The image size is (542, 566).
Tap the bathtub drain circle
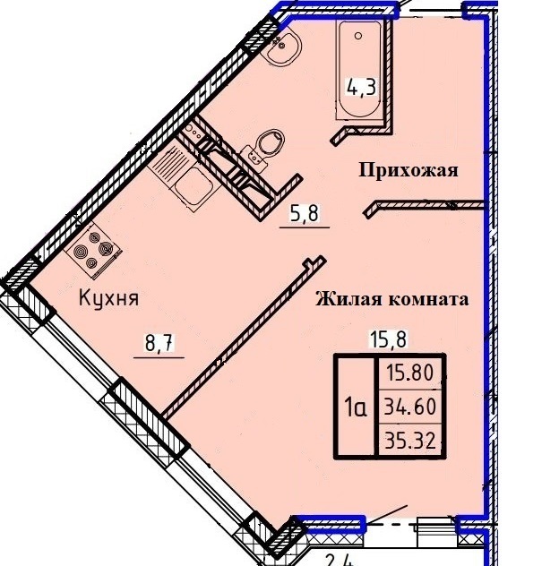(x=358, y=36)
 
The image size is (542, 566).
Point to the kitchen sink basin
(x=194, y=187)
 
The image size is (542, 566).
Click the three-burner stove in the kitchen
(x=93, y=249)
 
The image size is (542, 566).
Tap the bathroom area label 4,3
(x=361, y=88)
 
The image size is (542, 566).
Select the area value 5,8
(x=304, y=213)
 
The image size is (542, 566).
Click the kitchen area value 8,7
(x=159, y=343)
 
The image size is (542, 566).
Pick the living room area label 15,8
(x=388, y=339)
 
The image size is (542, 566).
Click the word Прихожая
(x=409, y=169)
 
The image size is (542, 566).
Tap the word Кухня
(x=108, y=299)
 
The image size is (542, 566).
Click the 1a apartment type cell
(x=356, y=407)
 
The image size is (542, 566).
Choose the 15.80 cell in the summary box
(x=409, y=373)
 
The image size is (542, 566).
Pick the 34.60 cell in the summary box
(x=409, y=407)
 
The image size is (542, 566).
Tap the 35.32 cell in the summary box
(x=409, y=441)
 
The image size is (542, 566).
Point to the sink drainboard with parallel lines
(x=168, y=161)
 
